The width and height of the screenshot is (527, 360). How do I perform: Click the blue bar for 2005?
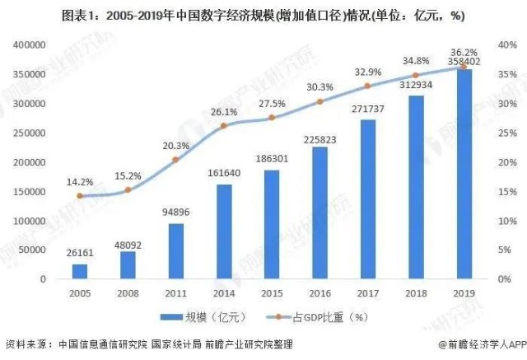tap(79, 271)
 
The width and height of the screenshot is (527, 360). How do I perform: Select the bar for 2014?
tap(223, 232)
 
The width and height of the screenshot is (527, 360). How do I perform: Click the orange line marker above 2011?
tap(175, 160)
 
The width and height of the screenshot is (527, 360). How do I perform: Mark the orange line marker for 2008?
tap(127, 190)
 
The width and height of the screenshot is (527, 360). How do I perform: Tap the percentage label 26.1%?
tap(223, 112)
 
